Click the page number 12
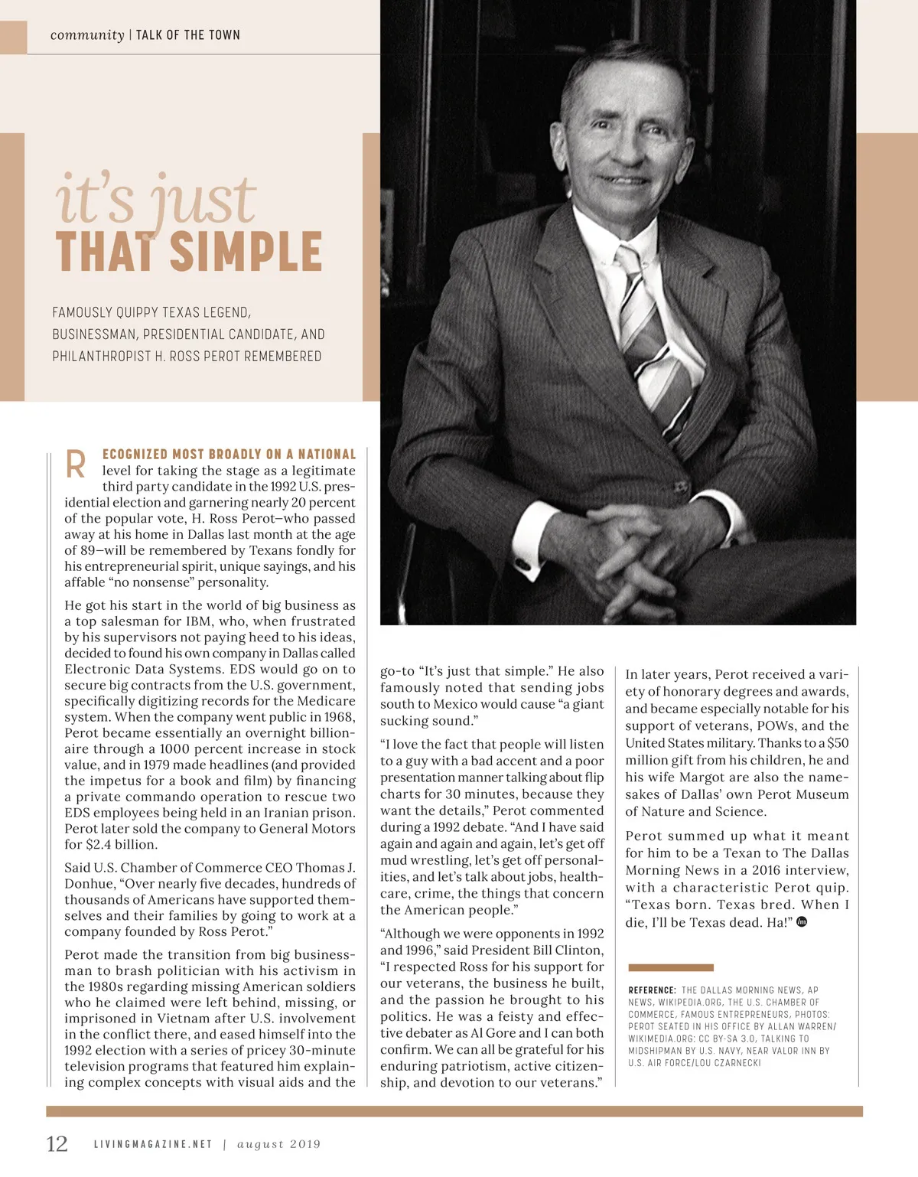pyautogui.click(x=57, y=1143)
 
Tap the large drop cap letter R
pyautogui.click(x=76, y=464)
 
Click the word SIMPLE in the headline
pyautogui.click(x=246, y=252)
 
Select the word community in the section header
pyautogui.click(x=87, y=35)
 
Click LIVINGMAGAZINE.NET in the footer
pyautogui.click(x=153, y=1144)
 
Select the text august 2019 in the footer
pyautogui.click(x=278, y=1144)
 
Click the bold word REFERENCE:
pyautogui.click(x=652, y=990)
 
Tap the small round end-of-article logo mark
pyautogui.click(x=802, y=921)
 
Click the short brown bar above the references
pyautogui.click(x=670, y=967)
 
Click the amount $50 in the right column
pyautogui.click(x=838, y=742)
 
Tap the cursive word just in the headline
pyautogui.click(x=203, y=201)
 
